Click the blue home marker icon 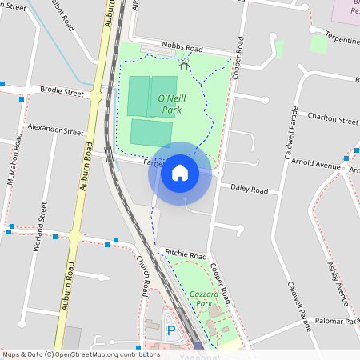coord(180,173)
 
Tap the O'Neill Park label coord(172,105)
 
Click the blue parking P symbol coord(170,330)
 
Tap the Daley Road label coord(249,190)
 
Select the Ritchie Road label coord(186,254)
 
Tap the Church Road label coord(144,275)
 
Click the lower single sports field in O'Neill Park coord(150,132)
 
